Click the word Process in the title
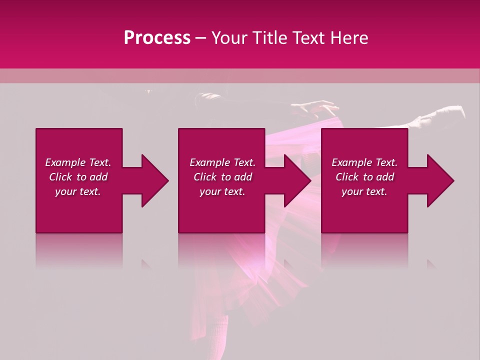pos(157,38)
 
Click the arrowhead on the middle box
pos(297,180)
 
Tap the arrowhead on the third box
pos(440,180)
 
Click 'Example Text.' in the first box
pos(78,162)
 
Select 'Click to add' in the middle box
pos(222,177)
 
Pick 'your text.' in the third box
pos(364,191)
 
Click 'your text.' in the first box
pos(78,191)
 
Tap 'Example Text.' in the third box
pos(364,162)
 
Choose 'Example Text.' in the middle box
pos(222,162)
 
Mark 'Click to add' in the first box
pos(78,177)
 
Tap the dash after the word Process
pos(200,38)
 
